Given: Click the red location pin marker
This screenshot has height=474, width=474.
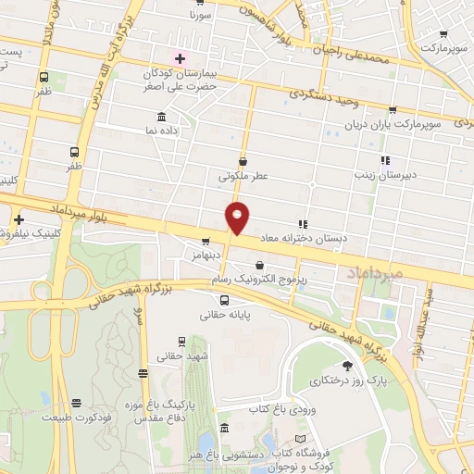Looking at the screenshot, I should pos(238,218).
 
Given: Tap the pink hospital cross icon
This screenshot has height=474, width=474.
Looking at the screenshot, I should pos(179,57).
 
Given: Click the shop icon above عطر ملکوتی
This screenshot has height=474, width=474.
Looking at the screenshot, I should pos(243,161).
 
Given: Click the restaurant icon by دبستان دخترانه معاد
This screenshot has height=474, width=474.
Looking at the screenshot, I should pos(302,224).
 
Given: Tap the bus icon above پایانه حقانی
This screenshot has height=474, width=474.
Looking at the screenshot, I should pos(224,300).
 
